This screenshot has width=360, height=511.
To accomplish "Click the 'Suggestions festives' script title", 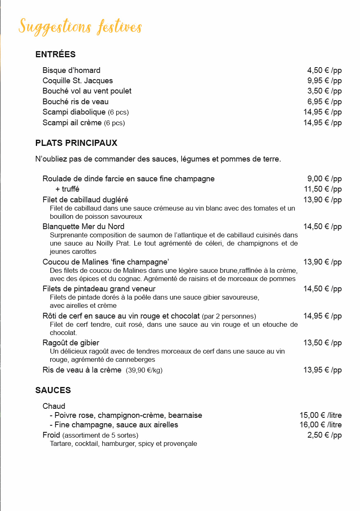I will pos(80,27).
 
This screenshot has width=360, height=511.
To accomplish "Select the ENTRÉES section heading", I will pos(56,54).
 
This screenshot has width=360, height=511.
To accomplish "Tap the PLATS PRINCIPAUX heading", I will pos(76,143).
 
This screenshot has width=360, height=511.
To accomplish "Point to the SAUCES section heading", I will pos(53,390).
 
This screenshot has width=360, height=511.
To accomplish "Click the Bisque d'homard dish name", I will pos(71,70).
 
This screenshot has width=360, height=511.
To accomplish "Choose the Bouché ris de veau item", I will pos(75,101).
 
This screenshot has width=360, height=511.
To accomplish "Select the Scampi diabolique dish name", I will pos(74,112).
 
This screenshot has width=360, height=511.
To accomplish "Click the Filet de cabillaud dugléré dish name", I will pos(85,200).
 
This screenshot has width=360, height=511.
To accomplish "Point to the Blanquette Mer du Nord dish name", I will pos(83,227).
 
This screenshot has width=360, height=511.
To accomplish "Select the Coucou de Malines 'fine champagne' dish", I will pos(106,262).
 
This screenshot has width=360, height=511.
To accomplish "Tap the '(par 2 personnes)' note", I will pos(223,316).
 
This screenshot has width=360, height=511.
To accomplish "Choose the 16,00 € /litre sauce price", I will pos(320,425).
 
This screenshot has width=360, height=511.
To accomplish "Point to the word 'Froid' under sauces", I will pos(51,435).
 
